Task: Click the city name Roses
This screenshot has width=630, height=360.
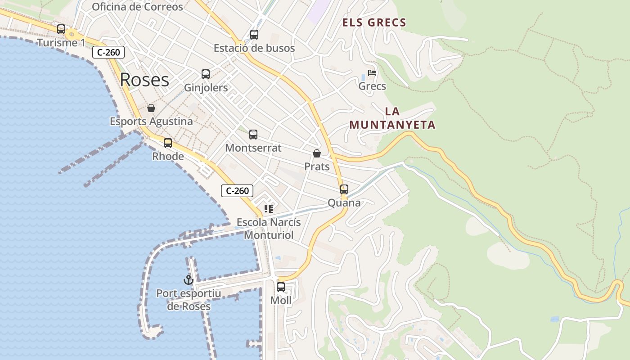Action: pos(144,80)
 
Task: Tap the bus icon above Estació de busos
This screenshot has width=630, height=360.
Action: pos(254,35)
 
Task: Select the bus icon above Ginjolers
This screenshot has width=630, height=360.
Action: pos(206,74)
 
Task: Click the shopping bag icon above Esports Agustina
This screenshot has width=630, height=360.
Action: pos(151,108)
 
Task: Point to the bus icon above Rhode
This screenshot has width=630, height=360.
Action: pos(168,143)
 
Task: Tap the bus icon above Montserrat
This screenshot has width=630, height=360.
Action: pos(253,134)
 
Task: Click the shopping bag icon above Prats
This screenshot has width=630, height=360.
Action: pos(317,153)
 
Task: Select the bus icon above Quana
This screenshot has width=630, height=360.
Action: pos(344,189)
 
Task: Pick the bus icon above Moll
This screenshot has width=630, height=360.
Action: pos(281,287)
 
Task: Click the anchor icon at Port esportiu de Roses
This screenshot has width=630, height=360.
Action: pos(189,280)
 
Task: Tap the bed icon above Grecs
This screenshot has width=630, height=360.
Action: pos(372,72)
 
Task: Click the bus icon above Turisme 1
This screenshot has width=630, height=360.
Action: pos(61,29)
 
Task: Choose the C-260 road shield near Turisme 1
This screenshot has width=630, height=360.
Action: pos(108,52)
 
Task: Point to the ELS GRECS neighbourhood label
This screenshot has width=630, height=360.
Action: pos(374,22)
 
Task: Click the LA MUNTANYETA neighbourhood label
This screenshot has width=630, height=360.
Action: pos(392,118)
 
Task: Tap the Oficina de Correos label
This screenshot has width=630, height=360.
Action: pos(137,7)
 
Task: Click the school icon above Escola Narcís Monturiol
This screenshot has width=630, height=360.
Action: pos(269,208)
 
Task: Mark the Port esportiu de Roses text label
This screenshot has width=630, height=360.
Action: pos(189,300)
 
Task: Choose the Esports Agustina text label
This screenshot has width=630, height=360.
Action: pos(151,121)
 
